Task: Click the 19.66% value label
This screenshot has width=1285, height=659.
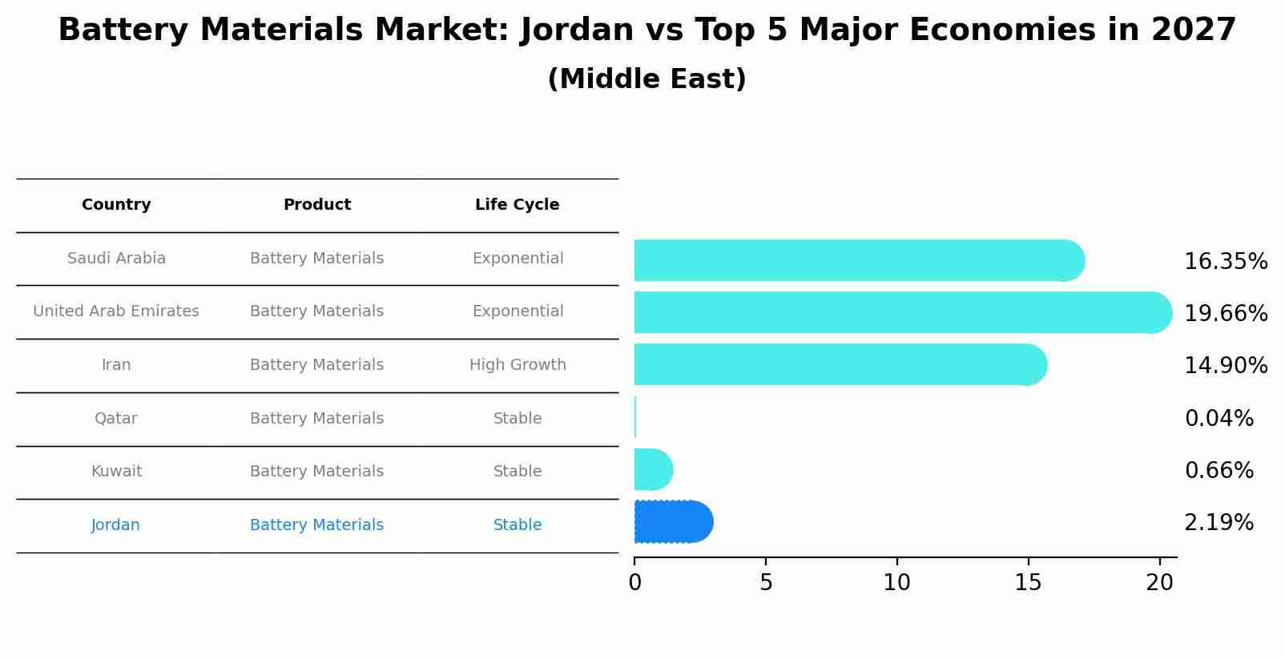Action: pyautogui.click(x=1225, y=313)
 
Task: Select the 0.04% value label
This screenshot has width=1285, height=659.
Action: pyautogui.click(x=1219, y=418)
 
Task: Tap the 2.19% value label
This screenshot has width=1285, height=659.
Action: pyautogui.click(x=1219, y=523)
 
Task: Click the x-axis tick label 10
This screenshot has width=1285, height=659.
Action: pyautogui.click(x=896, y=583)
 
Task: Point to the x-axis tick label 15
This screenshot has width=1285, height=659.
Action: pyautogui.click(x=1028, y=583)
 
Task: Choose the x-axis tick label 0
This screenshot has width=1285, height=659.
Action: pyautogui.click(x=634, y=583)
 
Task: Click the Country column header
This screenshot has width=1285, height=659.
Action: pyautogui.click(x=116, y=205)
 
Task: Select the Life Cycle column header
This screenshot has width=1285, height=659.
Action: pyautogui.click(x=517, y=205)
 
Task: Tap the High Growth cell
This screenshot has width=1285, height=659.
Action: pyautogui.click(x=518, y=365)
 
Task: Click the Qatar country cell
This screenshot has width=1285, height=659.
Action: pyautogui.click(x=116, y=419)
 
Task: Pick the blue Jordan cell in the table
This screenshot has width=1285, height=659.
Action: pyautogui.click(x=116, y=525)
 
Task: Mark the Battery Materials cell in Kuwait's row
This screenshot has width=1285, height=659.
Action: pyautogui.click(x=316, y=472)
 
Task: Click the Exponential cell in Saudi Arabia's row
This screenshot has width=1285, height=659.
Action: pyautogui.click(x=518, y=259)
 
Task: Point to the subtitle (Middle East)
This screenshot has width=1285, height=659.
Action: pyautogui.click(x=647, y=79)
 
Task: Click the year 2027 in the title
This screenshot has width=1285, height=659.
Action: pyautogui.click(x=1194, y=30)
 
